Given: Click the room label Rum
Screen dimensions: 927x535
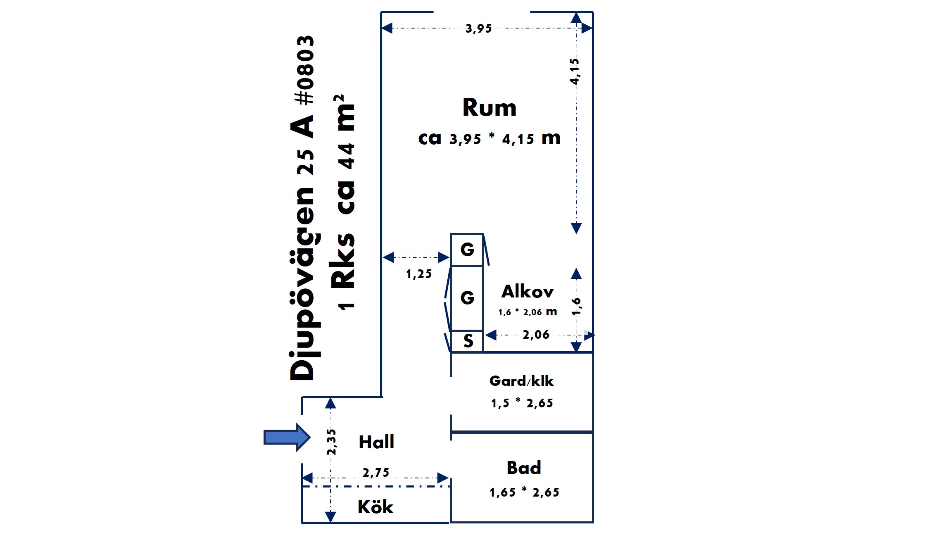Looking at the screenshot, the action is [490, 107].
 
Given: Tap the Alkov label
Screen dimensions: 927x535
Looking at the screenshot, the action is [528, 292].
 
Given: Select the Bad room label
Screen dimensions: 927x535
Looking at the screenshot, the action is [524, 468].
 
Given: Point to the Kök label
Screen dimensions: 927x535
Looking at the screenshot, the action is [376, 507].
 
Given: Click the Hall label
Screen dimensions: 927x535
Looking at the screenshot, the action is [376, 442].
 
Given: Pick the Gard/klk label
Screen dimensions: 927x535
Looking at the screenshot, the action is [521, 381].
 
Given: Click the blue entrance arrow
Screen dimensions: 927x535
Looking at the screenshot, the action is [287, 437].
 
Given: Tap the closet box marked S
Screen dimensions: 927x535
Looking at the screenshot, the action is [467, 341].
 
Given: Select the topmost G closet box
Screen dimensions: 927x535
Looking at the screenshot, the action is [467, 250].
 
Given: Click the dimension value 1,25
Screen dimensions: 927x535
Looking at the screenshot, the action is [419, 274].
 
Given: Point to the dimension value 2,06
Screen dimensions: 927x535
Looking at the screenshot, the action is [536, 335].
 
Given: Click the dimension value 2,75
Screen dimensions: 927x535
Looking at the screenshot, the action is [376, 472].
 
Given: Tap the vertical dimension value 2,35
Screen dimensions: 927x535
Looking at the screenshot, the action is [331, 442].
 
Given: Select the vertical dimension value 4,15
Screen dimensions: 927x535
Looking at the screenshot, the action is [575, 71].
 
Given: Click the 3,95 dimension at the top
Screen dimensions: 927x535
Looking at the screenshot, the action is [479, 29].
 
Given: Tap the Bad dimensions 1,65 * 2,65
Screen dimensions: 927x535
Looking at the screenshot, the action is [524, 492].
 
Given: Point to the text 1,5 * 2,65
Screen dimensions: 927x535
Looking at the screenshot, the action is [522, 403].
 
